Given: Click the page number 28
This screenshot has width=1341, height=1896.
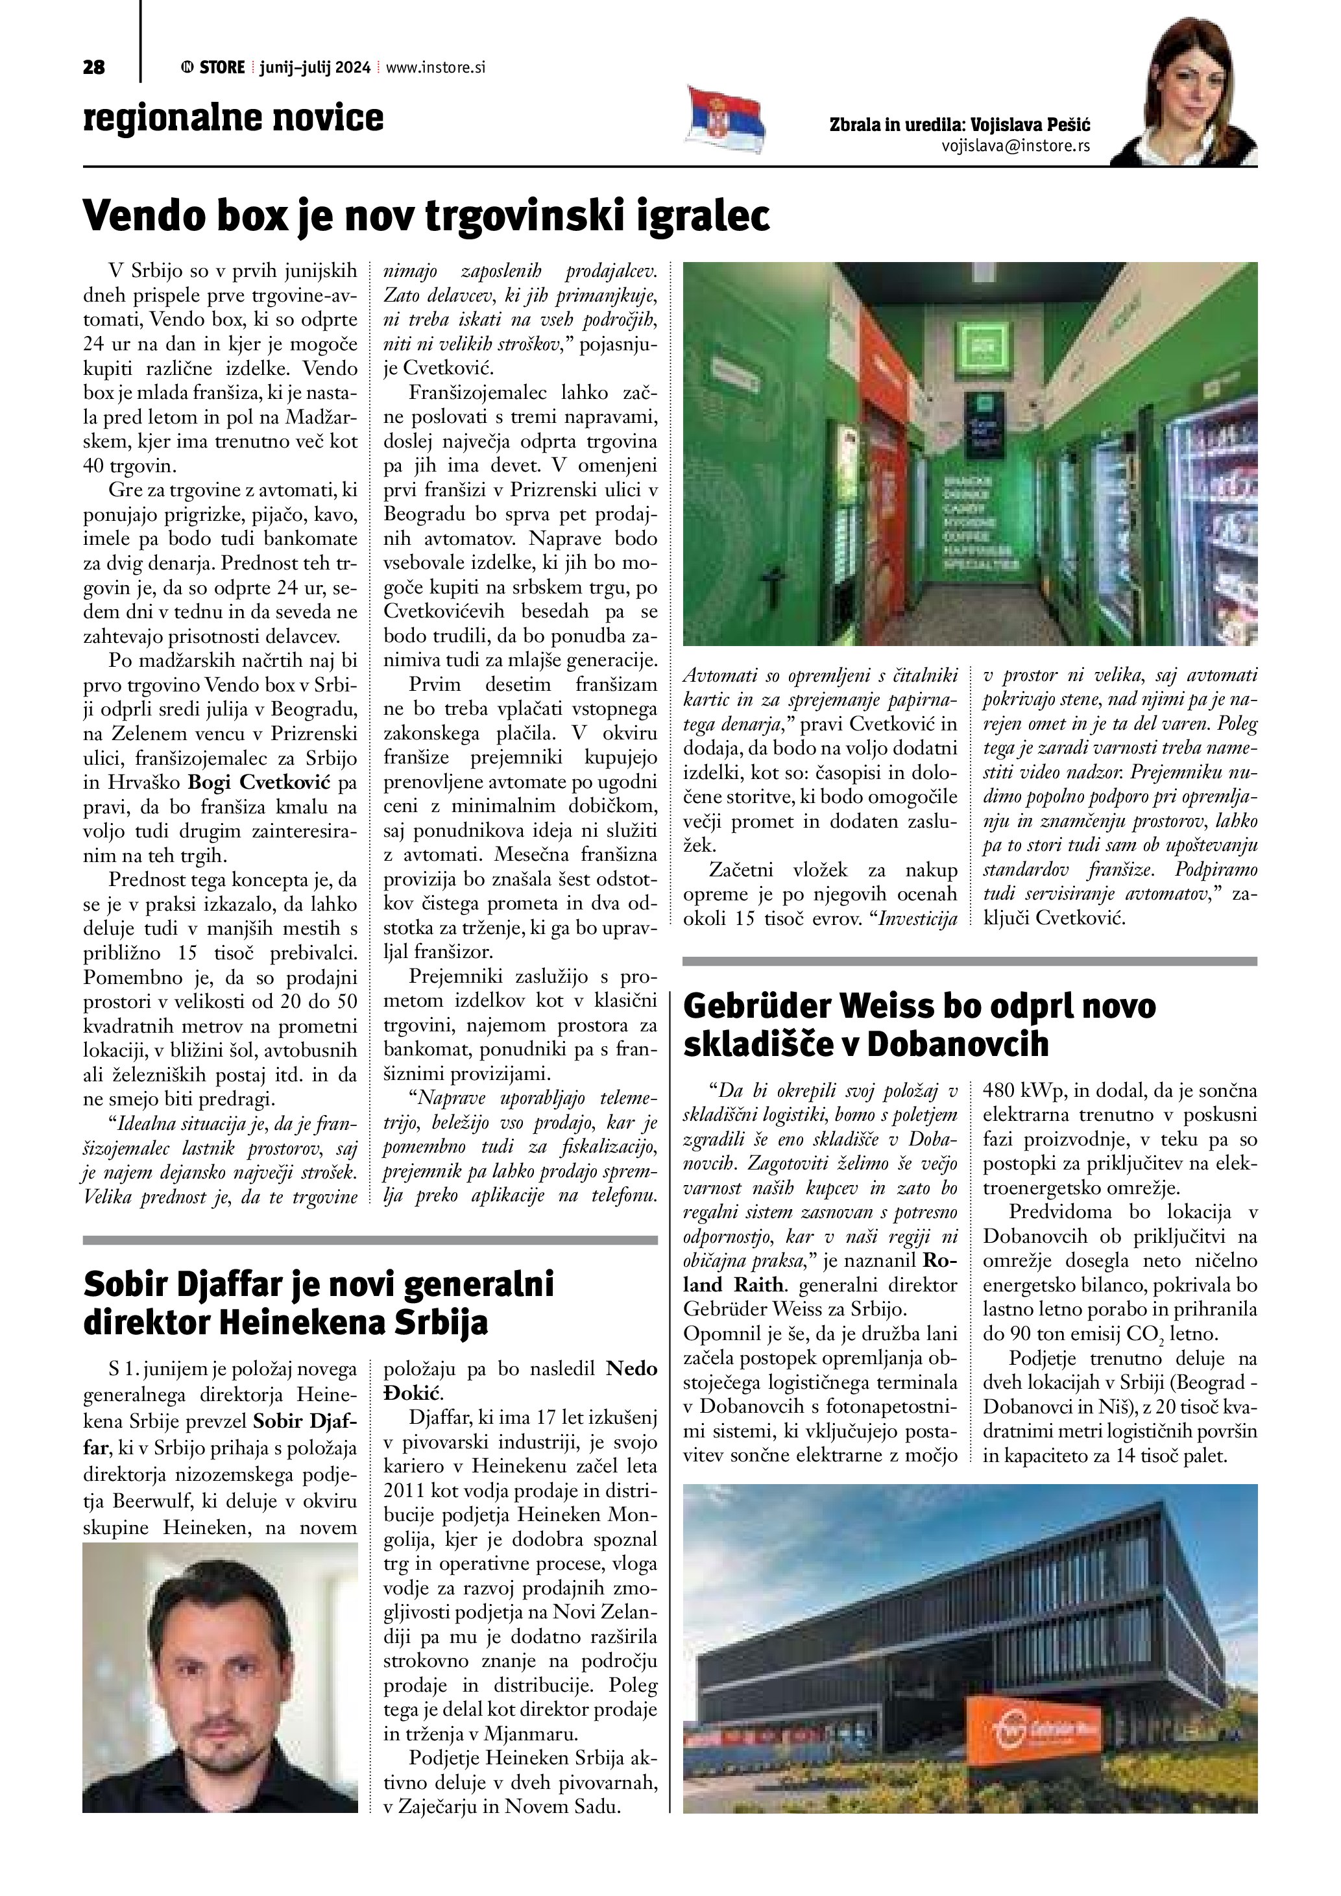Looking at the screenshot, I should tap(93, 67).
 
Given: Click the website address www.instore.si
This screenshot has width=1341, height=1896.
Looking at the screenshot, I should tap(435, 67).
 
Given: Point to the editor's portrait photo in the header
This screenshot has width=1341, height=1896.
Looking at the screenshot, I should tap(1184, 91).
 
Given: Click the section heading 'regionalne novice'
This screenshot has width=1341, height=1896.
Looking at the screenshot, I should tap(233, 117).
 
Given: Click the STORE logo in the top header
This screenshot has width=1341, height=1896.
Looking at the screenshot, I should tap(213, 67).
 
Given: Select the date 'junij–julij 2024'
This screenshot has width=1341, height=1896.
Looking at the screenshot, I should tap(315, 67).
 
